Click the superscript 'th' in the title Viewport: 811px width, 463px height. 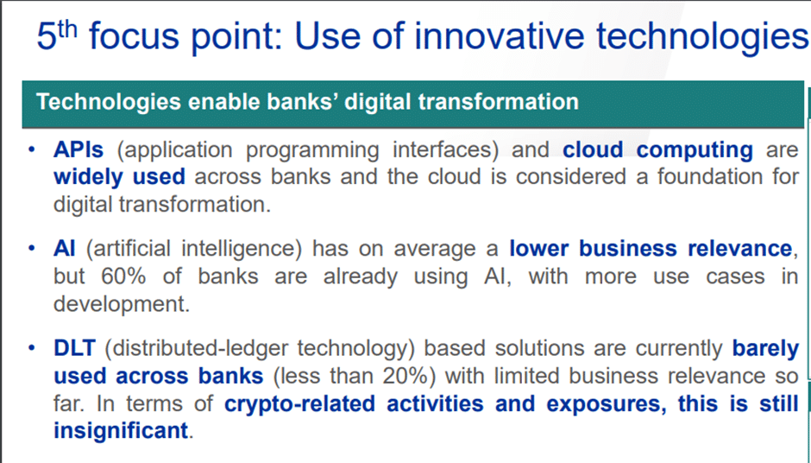pyautogui.click(x=67, y=29)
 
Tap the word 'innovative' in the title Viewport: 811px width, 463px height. pyautogui.click(x=500, y=36)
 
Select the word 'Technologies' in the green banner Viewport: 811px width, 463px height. pyautogui.click(x=109, y=102)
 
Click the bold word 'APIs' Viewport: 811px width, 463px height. pyautogui.click(x=79, y=149)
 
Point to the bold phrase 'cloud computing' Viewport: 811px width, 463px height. pyautogui.click(x=657, y=150)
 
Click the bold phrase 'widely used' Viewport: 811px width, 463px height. pyautogui.click(x=119, y=177)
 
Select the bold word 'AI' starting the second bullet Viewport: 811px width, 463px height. pyautogui.click(x=64, y=249)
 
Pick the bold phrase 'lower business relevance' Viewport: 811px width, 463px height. pyautogui.click(x=651, y=249)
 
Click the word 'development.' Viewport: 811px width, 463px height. pyautogui.click(x=122, y=304)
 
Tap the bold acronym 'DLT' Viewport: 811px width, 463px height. pyautogui.click(x=74, y=348)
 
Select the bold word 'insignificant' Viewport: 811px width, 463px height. pyautogui.click(x=121, y=430)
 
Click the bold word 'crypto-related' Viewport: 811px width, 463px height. pyautogui.click(x=299, y=404)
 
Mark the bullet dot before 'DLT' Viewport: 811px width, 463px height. pyautogui.click(x=32, y=347)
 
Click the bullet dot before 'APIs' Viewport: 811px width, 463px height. pyautogui.click(x=32, y=149)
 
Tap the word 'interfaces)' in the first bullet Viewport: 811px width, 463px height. pyautogui.click(x=445, y=150)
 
